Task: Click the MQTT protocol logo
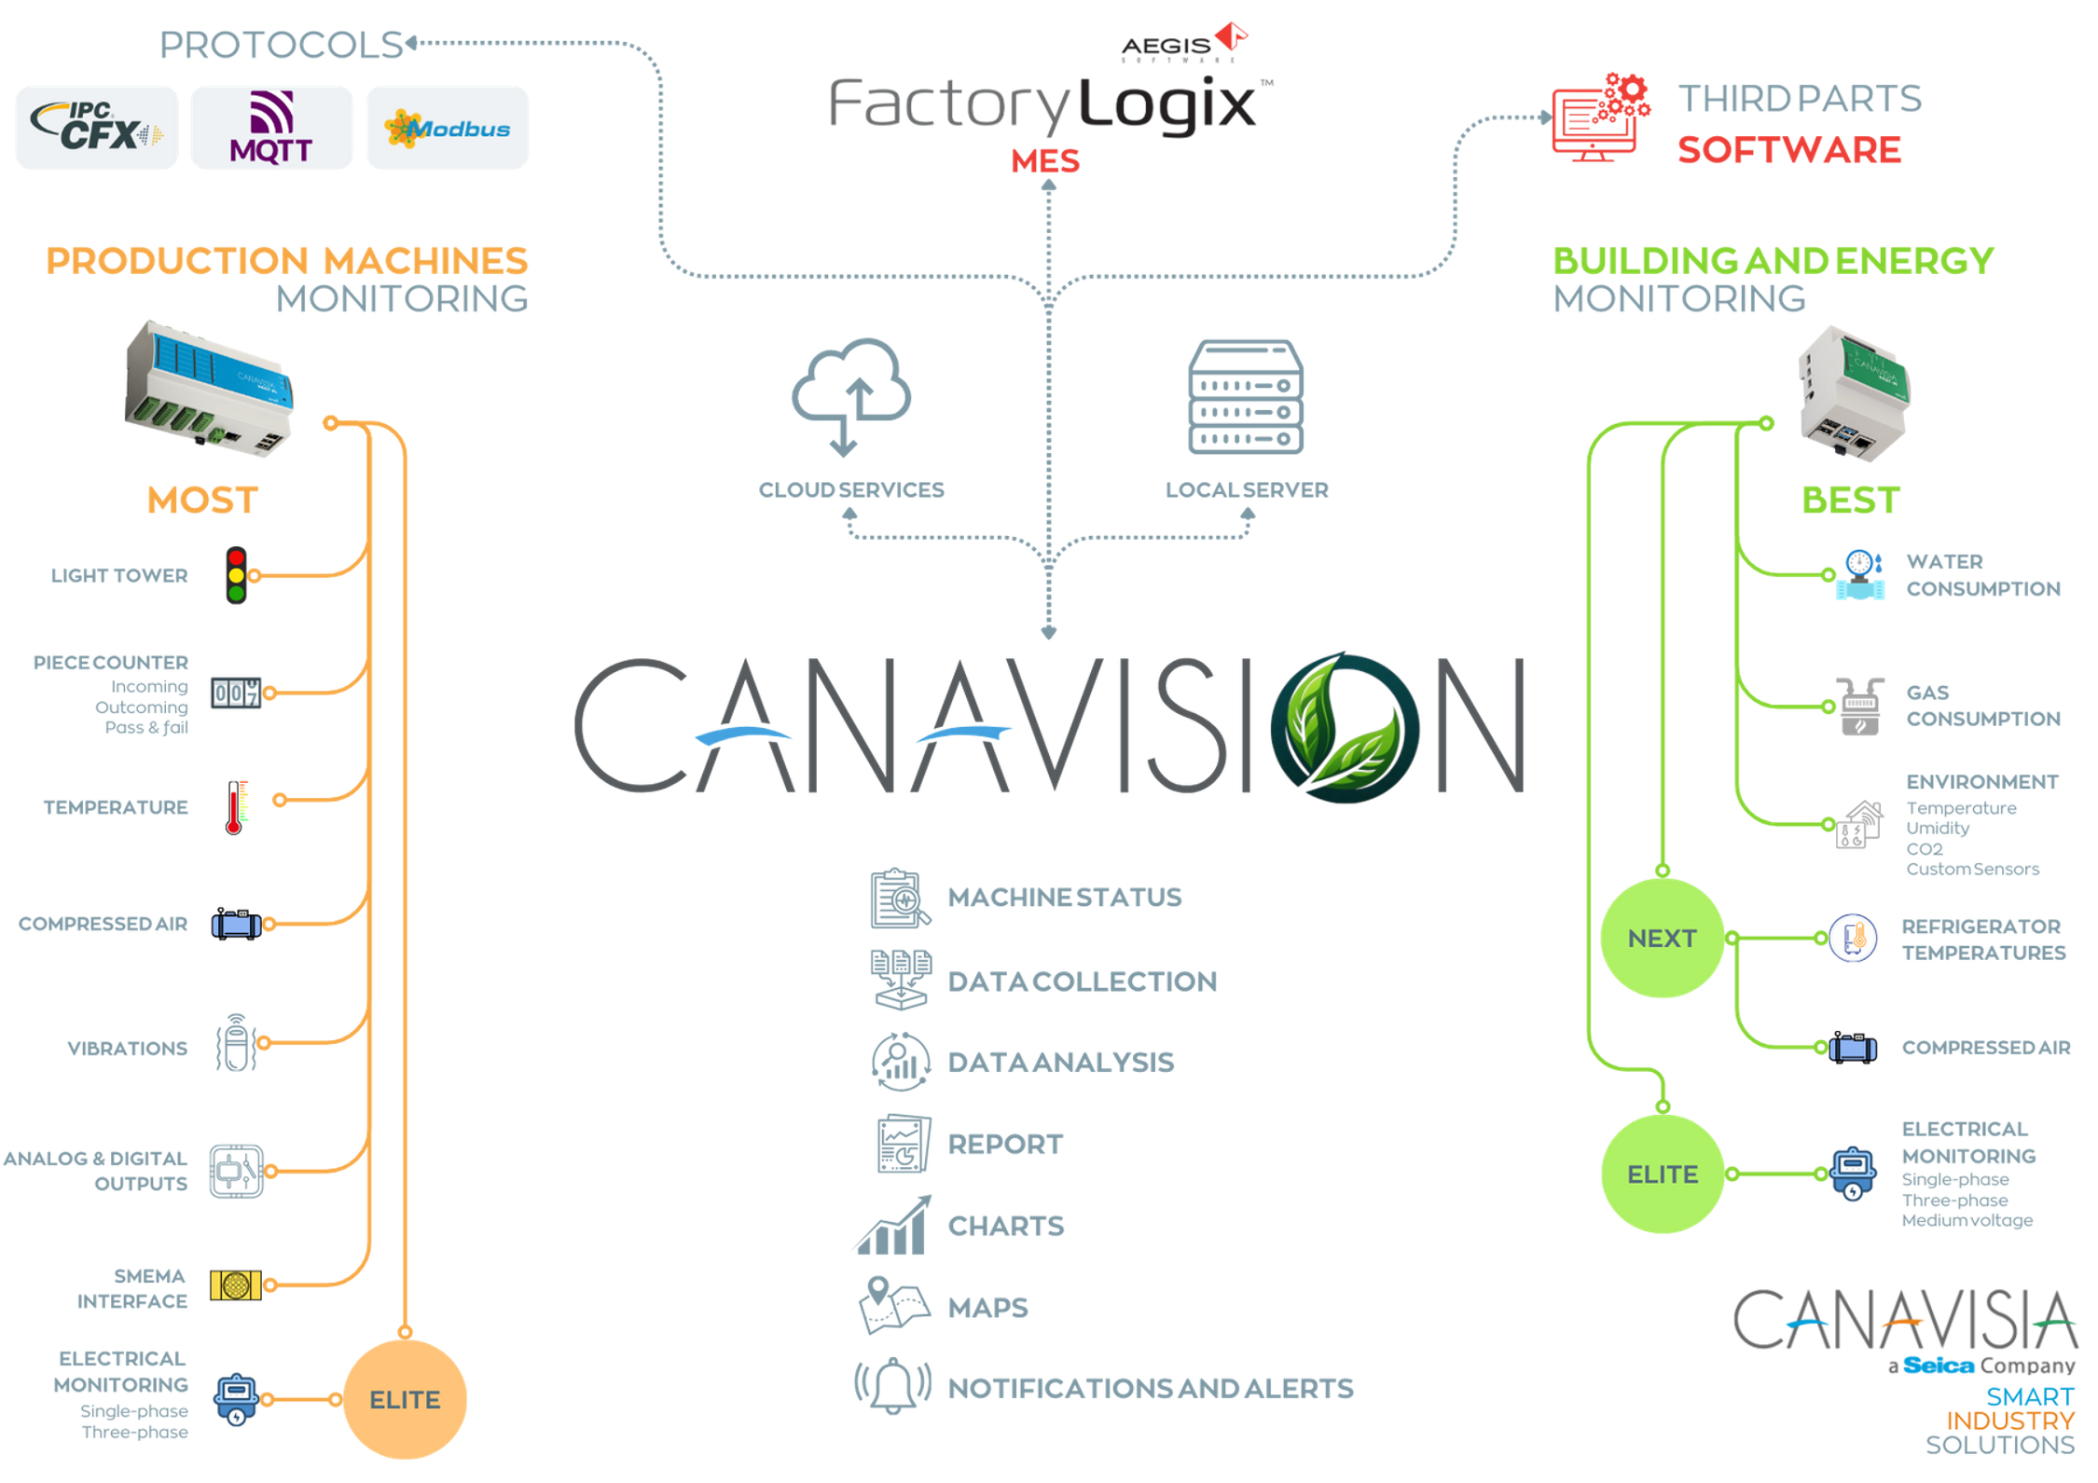pos(271,128)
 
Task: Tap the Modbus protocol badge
pos(449,128)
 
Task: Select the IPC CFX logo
pos(96,128)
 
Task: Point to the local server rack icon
pos(1246,396)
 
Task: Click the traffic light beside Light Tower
pos(236,575)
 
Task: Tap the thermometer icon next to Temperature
pos(235,806)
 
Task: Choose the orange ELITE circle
pos(406,1399)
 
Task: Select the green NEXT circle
pos(1662,938)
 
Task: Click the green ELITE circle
pos(1662,1174)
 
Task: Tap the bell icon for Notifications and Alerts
pos(892,1385)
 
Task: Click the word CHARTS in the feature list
pos(1006,1226)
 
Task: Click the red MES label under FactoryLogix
pos(1044,162)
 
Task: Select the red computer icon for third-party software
pos(1598,119)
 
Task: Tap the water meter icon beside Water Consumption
pos(1860,574)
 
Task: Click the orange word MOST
pos(201,501)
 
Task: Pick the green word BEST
pos(1850,501)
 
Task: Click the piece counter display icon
pos(235,693)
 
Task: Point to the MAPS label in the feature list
pos(987,1308)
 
